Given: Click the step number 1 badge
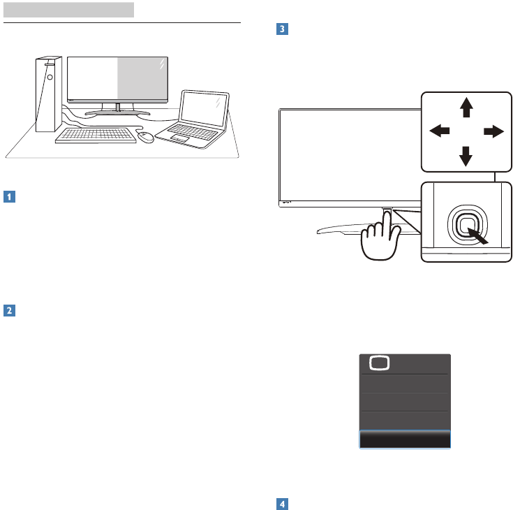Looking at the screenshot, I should tap(9, 197).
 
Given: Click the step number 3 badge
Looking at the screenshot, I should tap(281, 30).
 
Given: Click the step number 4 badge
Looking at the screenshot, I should tap(281, 503).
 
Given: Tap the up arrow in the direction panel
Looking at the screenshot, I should tap(466, 107).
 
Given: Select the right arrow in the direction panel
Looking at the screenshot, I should tap(493, 131).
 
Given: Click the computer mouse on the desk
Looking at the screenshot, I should tap(146, 138).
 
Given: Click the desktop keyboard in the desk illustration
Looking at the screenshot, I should tap(96, 134).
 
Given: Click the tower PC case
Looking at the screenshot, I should tap(47, 94).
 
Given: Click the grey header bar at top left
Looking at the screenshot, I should tap(68, 10).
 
